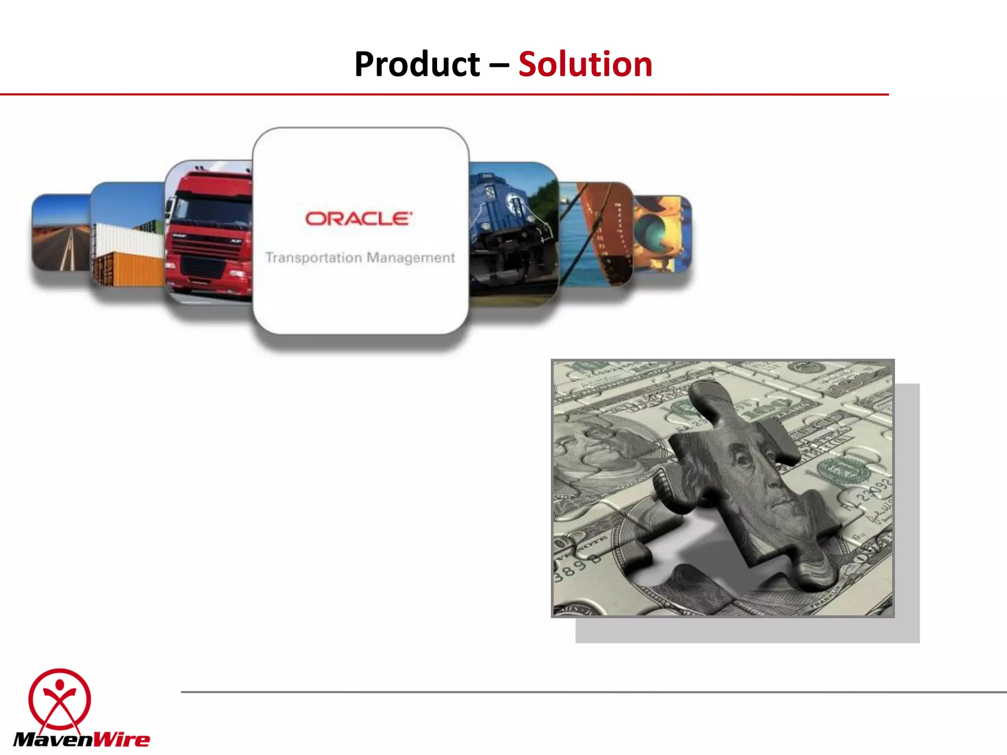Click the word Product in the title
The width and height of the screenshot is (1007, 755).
[x=417, y=64]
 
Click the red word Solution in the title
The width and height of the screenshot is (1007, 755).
[x=585, y=64]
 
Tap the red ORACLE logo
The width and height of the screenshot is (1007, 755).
[x=358, y=219]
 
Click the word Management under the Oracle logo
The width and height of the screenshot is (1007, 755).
[x=411, y=258]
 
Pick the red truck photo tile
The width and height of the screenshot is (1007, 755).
[x=209, y=231]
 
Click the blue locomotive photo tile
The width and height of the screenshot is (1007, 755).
[x=513, y=231]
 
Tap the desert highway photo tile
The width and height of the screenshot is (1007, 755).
[x=61, y=233]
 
